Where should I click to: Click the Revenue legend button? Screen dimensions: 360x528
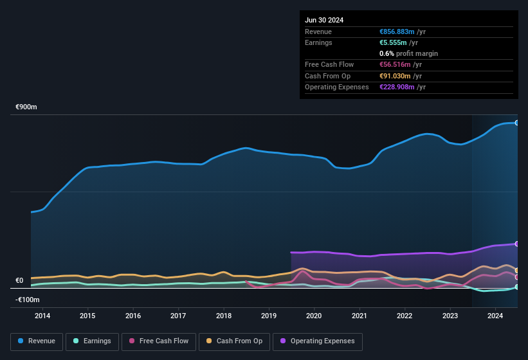tap(37, 341)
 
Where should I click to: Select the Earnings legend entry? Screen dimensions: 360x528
tap(92, 341)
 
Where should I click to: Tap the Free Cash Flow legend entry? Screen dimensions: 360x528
tap(158, 341)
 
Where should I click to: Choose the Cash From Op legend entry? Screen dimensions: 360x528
tap(233, 341)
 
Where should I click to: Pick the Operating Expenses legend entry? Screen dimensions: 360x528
tap(318, 341)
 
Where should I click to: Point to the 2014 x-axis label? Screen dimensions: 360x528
tap(42, 316)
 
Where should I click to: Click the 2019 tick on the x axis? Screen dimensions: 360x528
tap(269, 316)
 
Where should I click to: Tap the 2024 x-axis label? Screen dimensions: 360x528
tap(495, 316)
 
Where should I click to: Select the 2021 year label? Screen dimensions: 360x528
tap(360, 316)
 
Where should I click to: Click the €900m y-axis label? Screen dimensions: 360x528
tap(26, 107)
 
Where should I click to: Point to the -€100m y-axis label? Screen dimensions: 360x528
tap(28, 300)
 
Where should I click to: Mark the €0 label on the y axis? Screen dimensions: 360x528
tap(19, 281)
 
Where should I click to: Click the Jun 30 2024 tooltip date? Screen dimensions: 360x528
tap(324, 20)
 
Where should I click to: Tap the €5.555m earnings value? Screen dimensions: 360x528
tap(393, 42)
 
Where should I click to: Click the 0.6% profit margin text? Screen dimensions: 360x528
tap(409, 53)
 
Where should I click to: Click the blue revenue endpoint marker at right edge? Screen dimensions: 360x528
tap(516, 122)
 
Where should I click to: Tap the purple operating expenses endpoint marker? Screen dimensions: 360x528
tap(516, 244)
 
